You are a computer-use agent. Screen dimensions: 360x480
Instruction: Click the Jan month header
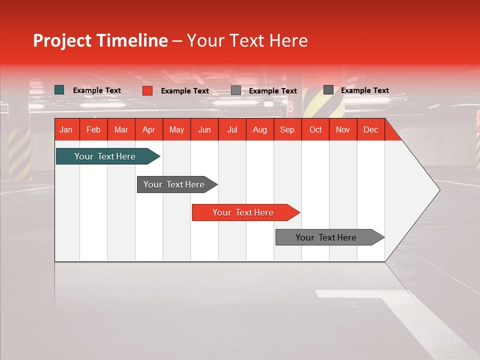(x=66, y=129)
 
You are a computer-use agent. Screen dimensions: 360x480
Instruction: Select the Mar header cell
(x=121, y=129)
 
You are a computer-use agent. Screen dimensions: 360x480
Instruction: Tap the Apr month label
(x=148, y=129)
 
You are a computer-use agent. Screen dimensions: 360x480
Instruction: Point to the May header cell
(x=176, y=129)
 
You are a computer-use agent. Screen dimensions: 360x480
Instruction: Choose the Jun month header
(x=204, y=129)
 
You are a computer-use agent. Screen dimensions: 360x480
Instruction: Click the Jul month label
(x=232, y=129)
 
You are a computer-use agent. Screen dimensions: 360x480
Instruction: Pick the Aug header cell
(x=259, y=129)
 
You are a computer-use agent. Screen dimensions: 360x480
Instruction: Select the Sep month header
(x=287, y=129)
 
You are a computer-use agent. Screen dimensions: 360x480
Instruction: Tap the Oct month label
(x=315, y=129)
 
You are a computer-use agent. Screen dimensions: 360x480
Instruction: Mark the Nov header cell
(x=343, y=129)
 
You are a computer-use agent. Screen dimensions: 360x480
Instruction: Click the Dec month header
(x=370, y=129)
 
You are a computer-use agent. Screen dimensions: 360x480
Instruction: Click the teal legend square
(x=59, y=90)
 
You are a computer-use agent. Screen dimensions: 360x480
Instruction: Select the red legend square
(x=147, y=90)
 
